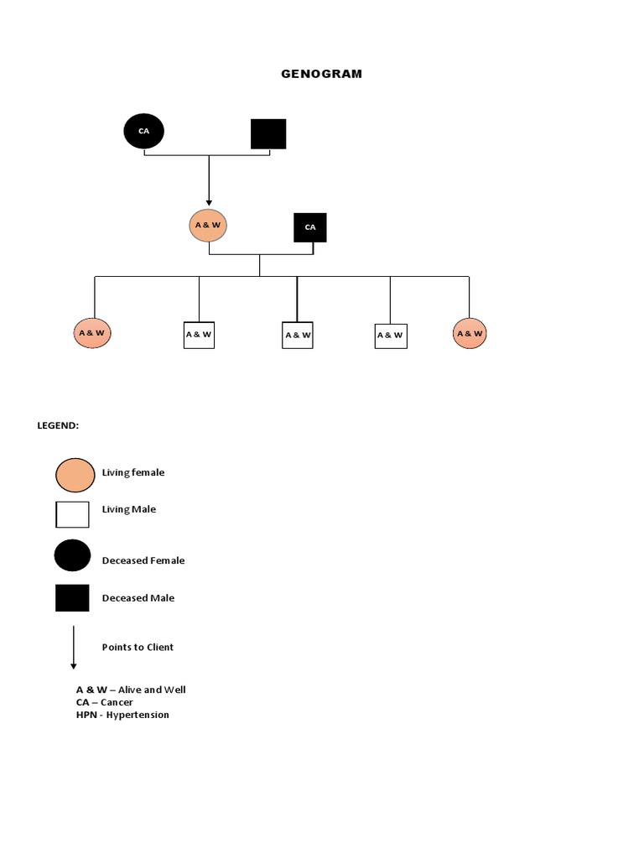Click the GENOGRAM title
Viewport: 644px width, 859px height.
321,74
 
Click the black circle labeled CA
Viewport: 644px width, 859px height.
144,132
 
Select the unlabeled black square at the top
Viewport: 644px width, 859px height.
268,134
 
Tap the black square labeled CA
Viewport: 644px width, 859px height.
310,227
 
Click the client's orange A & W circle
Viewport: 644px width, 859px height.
209,226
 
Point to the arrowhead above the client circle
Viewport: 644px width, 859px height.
209,201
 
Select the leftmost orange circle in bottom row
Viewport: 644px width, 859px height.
92,333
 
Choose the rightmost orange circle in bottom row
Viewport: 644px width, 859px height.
470,333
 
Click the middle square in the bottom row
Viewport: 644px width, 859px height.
298,335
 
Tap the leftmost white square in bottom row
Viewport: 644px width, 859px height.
199,335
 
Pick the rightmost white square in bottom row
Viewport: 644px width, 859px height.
390,336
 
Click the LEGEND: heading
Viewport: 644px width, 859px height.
58,425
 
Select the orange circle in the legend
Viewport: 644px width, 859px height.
75,475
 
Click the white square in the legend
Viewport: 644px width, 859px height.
72,514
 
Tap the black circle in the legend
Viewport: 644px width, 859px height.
73,555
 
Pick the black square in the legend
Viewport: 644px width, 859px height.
72,598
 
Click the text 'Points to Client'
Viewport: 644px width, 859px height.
138,648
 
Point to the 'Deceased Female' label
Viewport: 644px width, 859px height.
143,560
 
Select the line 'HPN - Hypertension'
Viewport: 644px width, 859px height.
122,715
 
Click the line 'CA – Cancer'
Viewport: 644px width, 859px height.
104,702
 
